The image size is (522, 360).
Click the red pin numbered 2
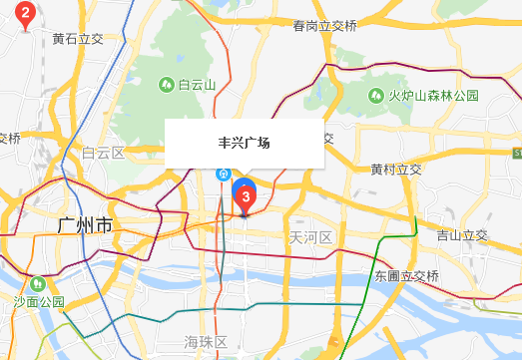(26, 14)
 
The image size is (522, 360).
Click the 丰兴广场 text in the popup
(245, 143)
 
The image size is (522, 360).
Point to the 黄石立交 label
(78, 39)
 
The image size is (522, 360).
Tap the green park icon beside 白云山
(167, 86)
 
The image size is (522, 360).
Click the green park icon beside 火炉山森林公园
(377, 96)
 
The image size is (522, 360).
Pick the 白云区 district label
(103, 153)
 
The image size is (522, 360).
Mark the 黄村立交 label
(395, 170)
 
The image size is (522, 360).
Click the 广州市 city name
(85, 227)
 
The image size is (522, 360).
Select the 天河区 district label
(309, 237)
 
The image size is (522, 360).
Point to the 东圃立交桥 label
(407, 275)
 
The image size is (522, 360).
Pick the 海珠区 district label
(207, 342)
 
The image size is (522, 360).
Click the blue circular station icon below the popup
(225, 173)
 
